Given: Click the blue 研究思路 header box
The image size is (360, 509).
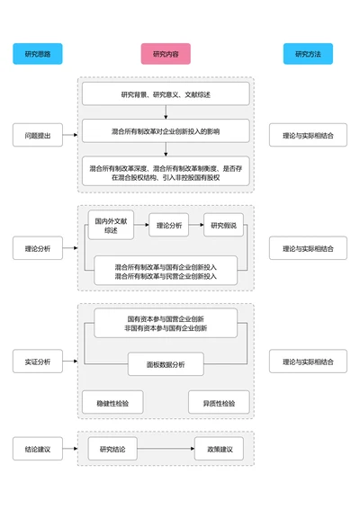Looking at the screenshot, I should point(38,54).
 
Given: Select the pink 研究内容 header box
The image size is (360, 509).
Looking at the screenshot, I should point(166,54).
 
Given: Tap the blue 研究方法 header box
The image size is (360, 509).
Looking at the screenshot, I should point(308,54).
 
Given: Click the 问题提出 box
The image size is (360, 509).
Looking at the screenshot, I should point(38,136).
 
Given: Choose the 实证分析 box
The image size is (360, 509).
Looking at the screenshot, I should point(38,362).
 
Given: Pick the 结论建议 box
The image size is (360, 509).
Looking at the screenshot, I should point(38,449).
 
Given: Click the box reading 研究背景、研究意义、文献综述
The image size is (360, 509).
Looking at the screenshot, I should point(166,94).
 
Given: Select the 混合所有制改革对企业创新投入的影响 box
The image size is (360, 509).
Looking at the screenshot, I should point(166,131).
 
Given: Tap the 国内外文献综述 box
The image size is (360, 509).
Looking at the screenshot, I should point(111,225).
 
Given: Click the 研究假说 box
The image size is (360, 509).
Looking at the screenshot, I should point(223,225).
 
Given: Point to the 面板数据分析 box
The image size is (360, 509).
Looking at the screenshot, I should point(166,364).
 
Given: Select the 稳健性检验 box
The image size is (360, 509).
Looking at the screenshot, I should point(112,404).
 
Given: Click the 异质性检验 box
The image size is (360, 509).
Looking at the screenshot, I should point(219,404).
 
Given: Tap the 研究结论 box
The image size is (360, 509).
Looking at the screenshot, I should point(112,449).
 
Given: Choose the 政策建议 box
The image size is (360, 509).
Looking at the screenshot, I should point(220,449).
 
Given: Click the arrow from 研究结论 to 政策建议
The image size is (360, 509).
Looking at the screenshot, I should point(166,449).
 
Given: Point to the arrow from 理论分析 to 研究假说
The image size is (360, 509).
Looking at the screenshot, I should point(196,225).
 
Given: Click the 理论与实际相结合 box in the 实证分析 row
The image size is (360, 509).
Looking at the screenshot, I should point(308,362).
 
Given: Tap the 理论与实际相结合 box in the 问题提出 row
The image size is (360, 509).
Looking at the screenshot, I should point(308,136).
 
